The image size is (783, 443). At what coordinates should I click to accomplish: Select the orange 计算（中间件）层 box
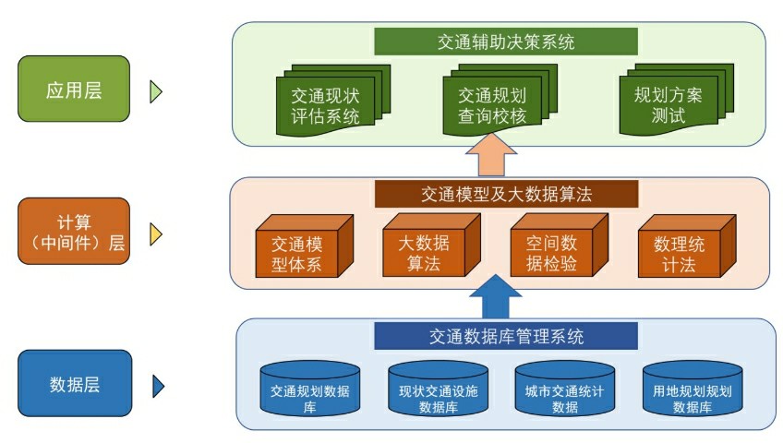[74, 233]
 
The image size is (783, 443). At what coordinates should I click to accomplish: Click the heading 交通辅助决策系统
[506, 42]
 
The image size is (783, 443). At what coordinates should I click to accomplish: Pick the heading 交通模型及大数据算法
[506, 195]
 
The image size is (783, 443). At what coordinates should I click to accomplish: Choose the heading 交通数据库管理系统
[506, 336]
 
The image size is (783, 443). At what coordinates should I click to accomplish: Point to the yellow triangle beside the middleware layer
[156, 234]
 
